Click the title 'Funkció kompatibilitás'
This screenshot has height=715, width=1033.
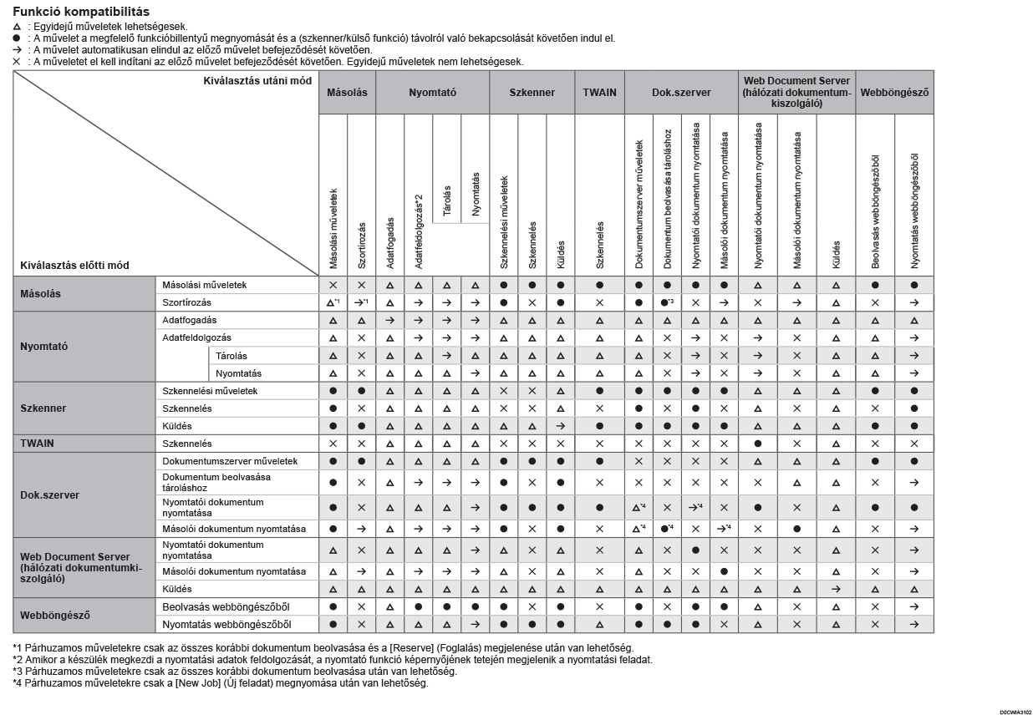click(x=81, y=12)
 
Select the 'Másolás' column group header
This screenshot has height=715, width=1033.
click(x=347, y=93)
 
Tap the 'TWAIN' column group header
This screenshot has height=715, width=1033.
click(x=599, y=93)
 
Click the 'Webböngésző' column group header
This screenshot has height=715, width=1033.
click(x=894, y=93)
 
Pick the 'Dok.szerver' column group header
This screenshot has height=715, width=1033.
click(x=681, y=93)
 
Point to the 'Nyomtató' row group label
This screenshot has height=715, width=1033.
click(x=44, y=346)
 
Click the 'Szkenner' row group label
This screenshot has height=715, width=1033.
click(x=43, y=408)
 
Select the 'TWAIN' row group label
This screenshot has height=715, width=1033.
click(x=38, y=444)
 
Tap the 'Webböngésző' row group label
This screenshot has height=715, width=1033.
click(x=55, y=616)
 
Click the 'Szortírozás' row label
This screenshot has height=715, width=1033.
click(x=187, y=302)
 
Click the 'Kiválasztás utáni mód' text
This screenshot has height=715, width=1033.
click(x=257, y=81)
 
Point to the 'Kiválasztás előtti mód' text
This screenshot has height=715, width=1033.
click(x=75, y=266)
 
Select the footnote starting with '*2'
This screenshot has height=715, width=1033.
click(x=333, y=660)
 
